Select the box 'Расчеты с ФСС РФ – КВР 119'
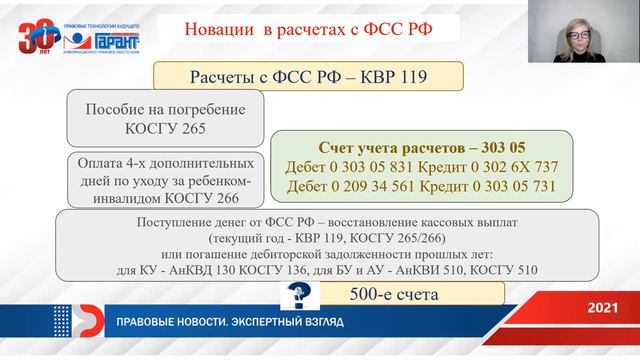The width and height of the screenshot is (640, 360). (x=308, y=78)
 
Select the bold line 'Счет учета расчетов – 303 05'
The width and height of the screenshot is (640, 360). (x=414, y=147)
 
